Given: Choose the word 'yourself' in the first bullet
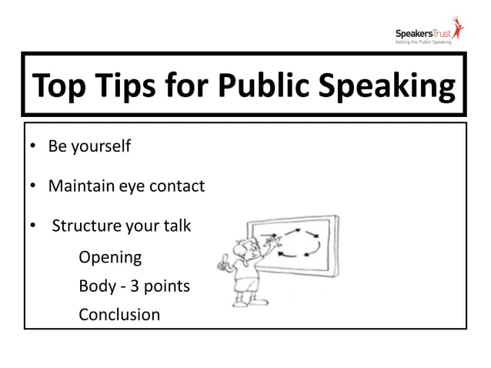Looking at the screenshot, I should click(100, 146).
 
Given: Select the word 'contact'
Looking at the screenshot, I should click(178, 186).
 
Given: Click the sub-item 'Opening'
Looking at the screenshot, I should click(110, 257).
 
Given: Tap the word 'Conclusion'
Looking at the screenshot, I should click(119, 314).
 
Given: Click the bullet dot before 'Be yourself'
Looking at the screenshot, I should click(34, 146).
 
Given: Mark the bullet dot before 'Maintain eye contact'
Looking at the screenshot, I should click(34, 186).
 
